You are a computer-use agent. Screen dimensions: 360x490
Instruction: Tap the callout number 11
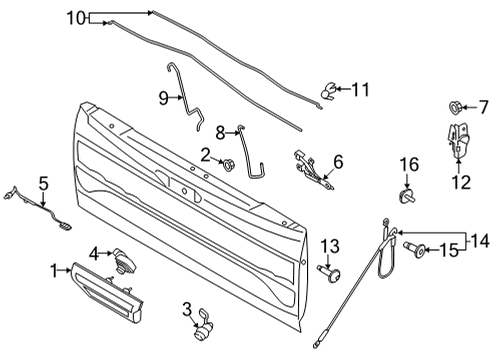click(359, 90)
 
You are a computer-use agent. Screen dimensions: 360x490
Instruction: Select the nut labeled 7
click(449, 107)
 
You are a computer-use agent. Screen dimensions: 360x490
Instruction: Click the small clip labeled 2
click(228, 165)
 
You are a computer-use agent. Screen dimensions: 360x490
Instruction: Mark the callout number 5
click(43, 182)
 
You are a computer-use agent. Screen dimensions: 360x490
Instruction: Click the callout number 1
click(54, 270)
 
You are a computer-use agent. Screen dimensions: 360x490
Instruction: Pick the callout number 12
click(460, 183)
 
